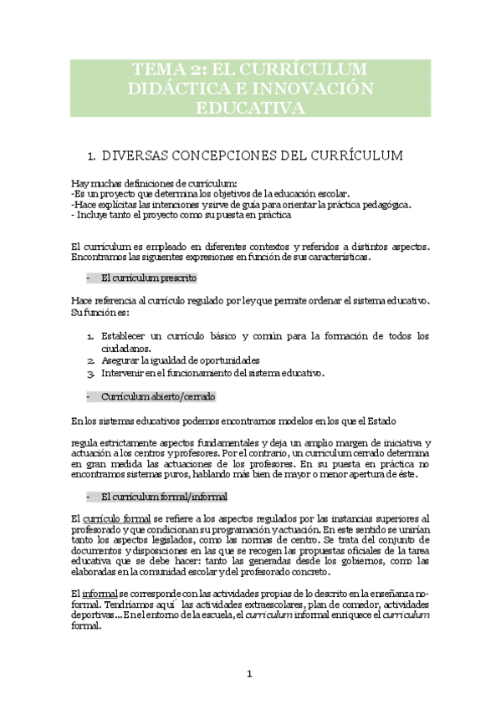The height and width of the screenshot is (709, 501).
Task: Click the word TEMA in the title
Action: coord(162,69)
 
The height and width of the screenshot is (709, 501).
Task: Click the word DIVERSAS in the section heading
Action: coord(151,156)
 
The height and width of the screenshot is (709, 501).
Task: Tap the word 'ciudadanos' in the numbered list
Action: coord(126,348)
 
